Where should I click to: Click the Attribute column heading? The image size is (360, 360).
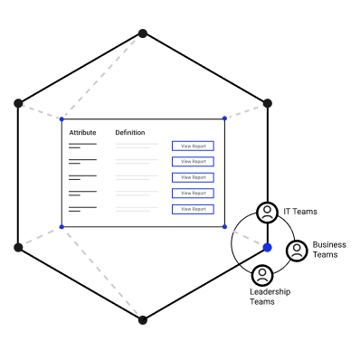tap(82, 133)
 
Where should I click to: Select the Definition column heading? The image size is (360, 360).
tap(130, 133)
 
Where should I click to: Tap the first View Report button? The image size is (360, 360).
tap(193, 146)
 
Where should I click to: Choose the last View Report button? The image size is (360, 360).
tap(193, 209)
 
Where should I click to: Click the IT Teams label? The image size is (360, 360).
tap(300, 212)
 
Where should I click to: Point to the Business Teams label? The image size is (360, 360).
tap(329, 250)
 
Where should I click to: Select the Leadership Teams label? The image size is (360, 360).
tap(270, 297)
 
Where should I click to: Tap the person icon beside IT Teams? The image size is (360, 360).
tap(267, 213)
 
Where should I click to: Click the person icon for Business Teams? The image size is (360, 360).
tap(297, 251)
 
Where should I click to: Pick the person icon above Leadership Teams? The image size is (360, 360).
tap(262, 275)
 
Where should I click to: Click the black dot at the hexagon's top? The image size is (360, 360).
tap(143, 33)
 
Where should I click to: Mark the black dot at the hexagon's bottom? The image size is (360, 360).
tap(143, 320)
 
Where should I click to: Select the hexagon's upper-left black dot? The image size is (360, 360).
tap(18, 103)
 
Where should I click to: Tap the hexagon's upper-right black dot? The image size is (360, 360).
tap(268, 103)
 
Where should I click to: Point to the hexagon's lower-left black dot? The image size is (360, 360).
tap(18, 248)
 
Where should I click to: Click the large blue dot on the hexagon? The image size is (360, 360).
tap(268, 248)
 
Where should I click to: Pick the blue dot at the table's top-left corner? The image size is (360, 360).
tap(62, 119)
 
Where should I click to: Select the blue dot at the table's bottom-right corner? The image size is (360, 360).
tap(224, 227)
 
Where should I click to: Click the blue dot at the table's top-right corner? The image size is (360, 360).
tap(224, 118)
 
